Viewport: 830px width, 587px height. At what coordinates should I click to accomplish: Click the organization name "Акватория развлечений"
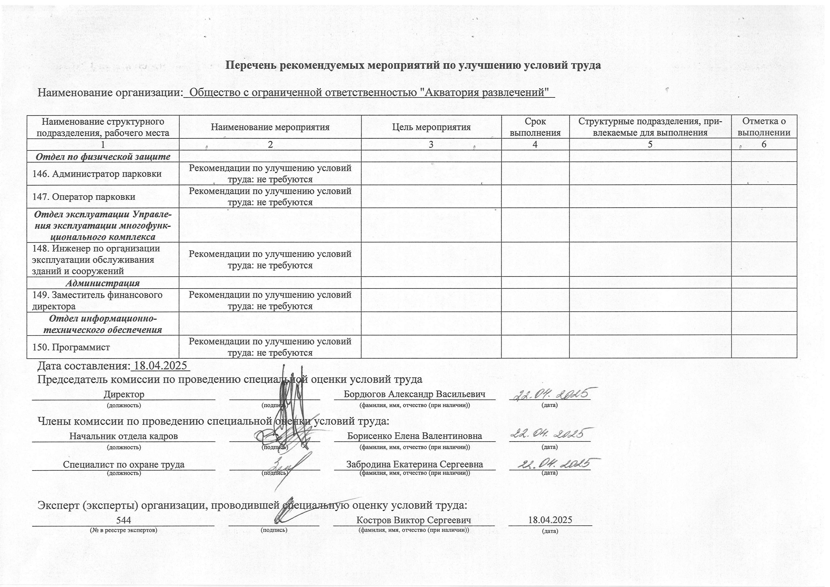coord(369,93)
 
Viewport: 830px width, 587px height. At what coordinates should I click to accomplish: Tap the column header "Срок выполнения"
coord(535,127)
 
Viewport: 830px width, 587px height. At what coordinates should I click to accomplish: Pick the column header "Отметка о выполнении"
coord(764,127)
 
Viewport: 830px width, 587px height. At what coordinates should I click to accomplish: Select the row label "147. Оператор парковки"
coord(84,197)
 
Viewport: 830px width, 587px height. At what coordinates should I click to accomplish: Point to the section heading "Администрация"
coord(103,283)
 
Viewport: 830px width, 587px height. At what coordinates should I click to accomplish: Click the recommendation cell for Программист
coord(270,347)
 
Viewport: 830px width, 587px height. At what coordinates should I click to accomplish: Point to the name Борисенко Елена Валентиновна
coord(414,436)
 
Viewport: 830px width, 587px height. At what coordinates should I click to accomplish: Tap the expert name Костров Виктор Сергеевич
coord(414,520)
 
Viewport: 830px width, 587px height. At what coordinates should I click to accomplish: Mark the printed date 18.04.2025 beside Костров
coord(550,520)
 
